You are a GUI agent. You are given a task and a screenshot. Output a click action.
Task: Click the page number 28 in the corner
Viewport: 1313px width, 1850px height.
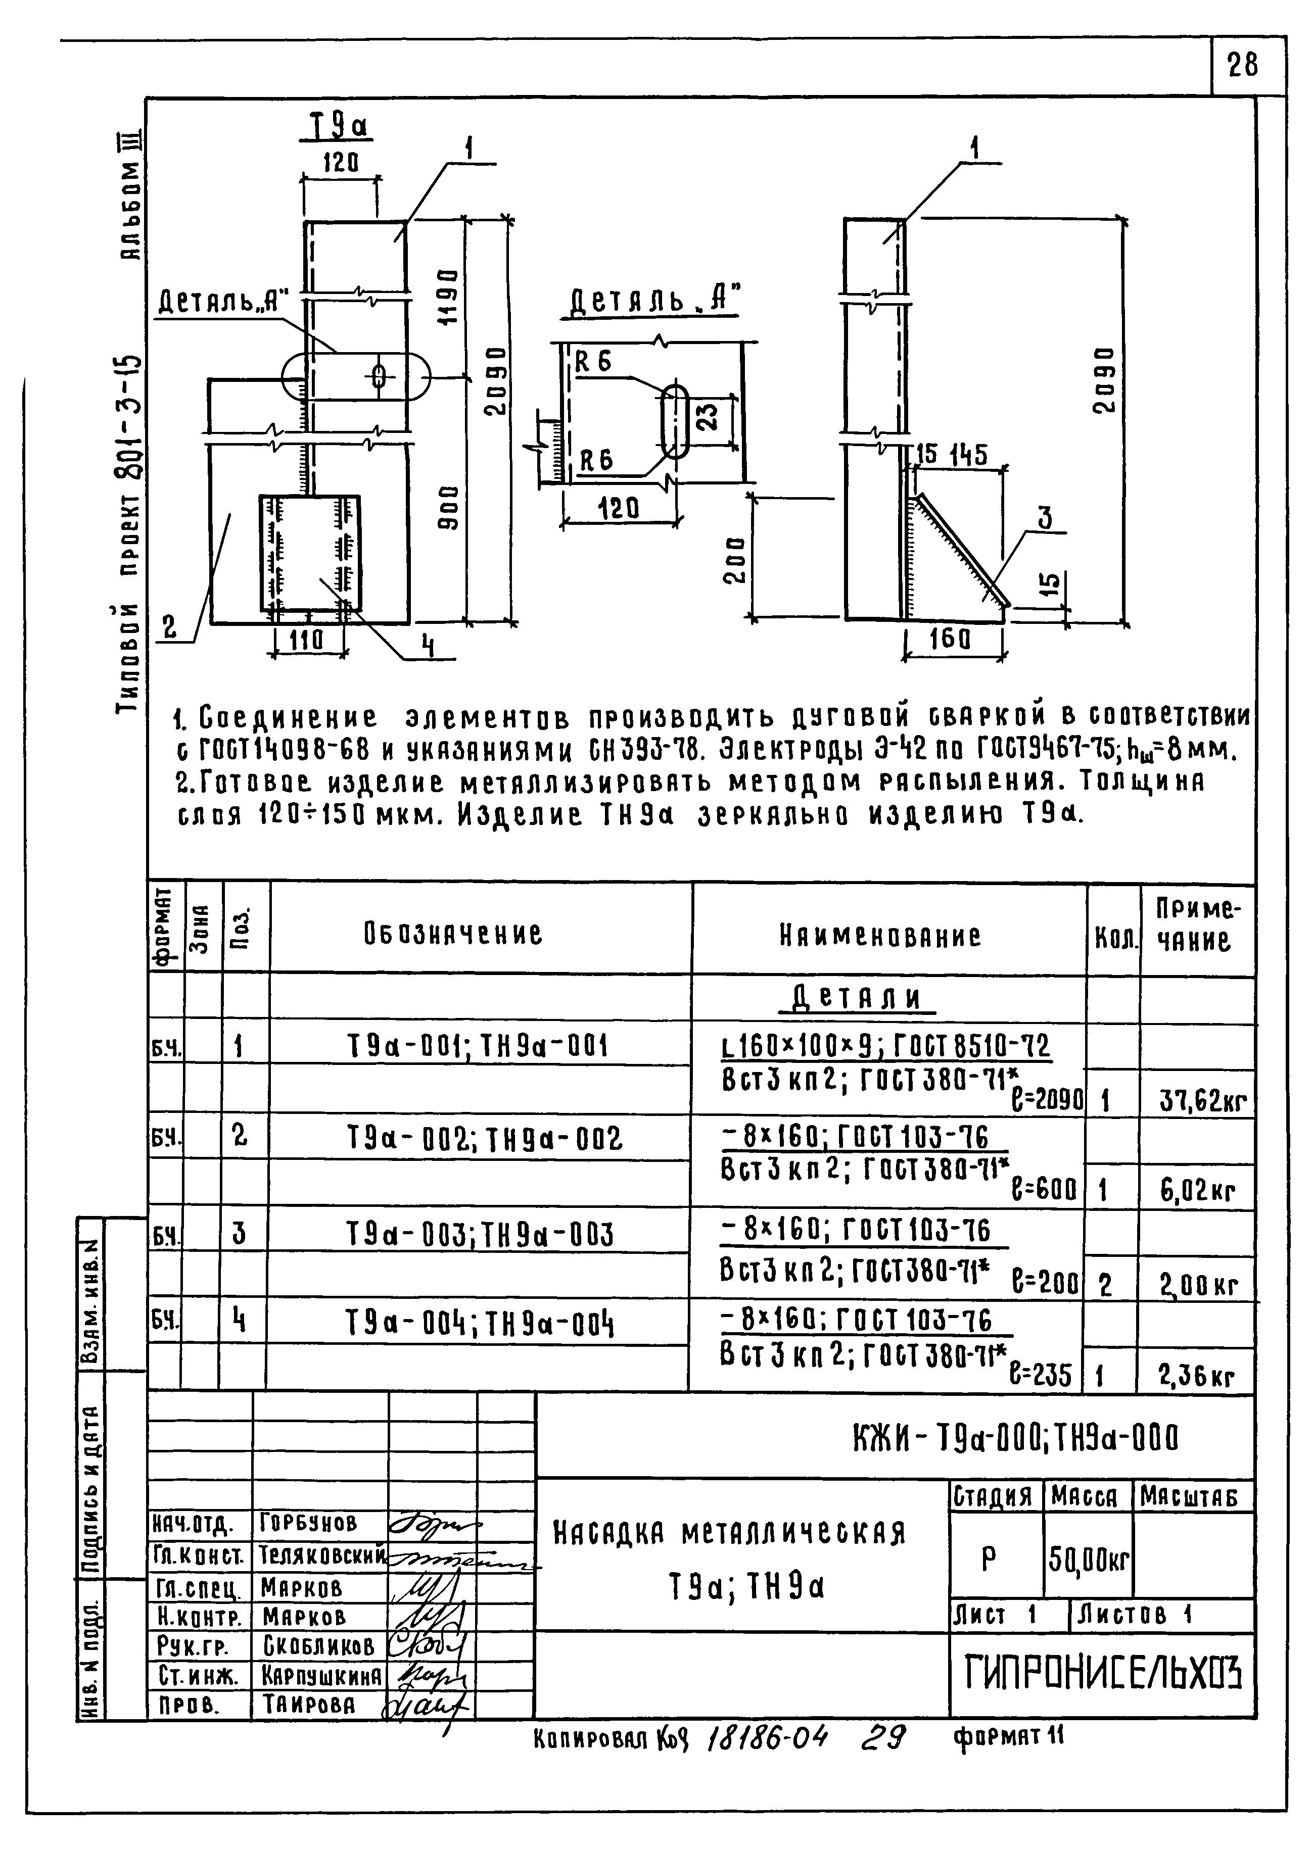(1243, 65)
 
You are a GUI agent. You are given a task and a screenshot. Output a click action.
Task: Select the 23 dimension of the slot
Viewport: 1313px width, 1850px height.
(706, 418)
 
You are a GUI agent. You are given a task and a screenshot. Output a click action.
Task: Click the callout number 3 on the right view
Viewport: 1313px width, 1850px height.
(1045, 518)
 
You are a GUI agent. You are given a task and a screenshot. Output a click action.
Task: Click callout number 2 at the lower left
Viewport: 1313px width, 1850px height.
(170, 627)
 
